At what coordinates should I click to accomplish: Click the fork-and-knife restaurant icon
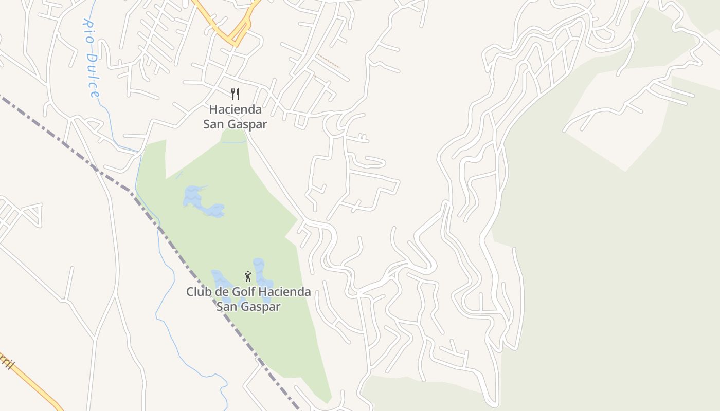pos(235,94)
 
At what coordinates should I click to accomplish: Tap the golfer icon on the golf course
pos(248,276)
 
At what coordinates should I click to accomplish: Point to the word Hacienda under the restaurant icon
pos(235,109)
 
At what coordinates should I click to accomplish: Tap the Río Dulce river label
pos(91,59)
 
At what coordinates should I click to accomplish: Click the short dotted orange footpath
pos(328,61)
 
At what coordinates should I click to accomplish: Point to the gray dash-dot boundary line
pos(170,241)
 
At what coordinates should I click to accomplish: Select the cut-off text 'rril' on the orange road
pos(7,362)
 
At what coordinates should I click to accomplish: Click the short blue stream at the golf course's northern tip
pos(234,142)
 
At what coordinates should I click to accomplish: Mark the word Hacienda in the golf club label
pos(284,292)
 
